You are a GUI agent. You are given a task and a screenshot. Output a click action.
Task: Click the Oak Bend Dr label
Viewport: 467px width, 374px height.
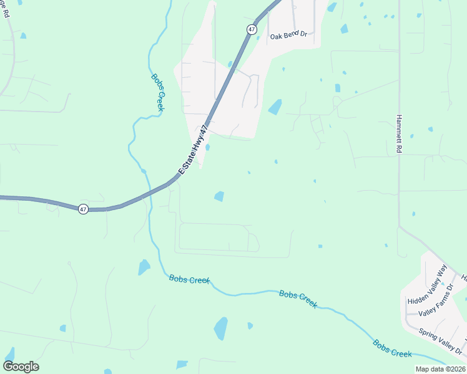click(x=288, y=36)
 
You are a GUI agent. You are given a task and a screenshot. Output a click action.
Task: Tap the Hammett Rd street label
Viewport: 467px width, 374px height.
click(x=400, y=134)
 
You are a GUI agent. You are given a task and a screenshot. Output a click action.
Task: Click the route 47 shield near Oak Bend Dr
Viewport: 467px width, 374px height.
click(x=251, y=29)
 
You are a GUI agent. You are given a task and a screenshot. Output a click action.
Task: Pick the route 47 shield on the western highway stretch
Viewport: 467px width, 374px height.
click(x=83, y=209)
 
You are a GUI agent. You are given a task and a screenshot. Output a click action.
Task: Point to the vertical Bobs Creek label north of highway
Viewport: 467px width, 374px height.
click(x=157, y=93)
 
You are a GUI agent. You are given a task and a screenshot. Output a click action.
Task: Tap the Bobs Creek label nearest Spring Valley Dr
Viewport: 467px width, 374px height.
click(x=392, y=348)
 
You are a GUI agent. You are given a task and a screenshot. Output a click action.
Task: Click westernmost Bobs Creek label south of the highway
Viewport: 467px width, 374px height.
click(x=189, y=280)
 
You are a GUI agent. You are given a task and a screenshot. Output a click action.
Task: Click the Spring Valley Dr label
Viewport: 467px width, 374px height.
click(x=441, y=340)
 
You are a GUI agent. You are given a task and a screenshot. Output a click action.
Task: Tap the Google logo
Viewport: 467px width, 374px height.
click(x=21, y=367)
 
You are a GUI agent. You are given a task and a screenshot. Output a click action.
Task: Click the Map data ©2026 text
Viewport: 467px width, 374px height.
click(x=440, y=369)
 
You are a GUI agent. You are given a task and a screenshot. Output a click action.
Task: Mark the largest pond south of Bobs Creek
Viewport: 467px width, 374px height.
click(x=220, y=328)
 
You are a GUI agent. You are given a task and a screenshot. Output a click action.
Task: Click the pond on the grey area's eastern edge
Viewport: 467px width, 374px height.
click(x=275, y=107)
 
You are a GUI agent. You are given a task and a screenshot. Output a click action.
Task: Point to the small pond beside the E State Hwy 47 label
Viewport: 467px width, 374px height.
click(x=207, y=148)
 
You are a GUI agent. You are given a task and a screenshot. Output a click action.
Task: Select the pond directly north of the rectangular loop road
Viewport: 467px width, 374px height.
click(x=219, y=196)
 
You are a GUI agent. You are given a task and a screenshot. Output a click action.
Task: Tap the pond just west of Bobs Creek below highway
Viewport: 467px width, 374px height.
click(x=144, y=267)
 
